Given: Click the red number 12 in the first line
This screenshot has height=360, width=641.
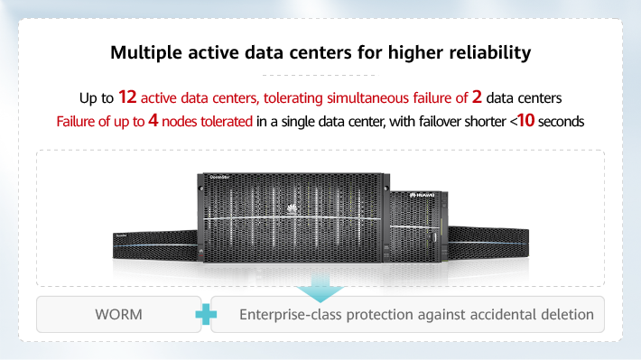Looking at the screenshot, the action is (x=128, y=96).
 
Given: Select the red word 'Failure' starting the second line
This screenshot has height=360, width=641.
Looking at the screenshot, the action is (x=78, y=120).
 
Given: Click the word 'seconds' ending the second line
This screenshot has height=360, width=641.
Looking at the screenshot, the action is (x=563, y=120).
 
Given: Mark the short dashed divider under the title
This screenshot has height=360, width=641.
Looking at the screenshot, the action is (x=320, y=74).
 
